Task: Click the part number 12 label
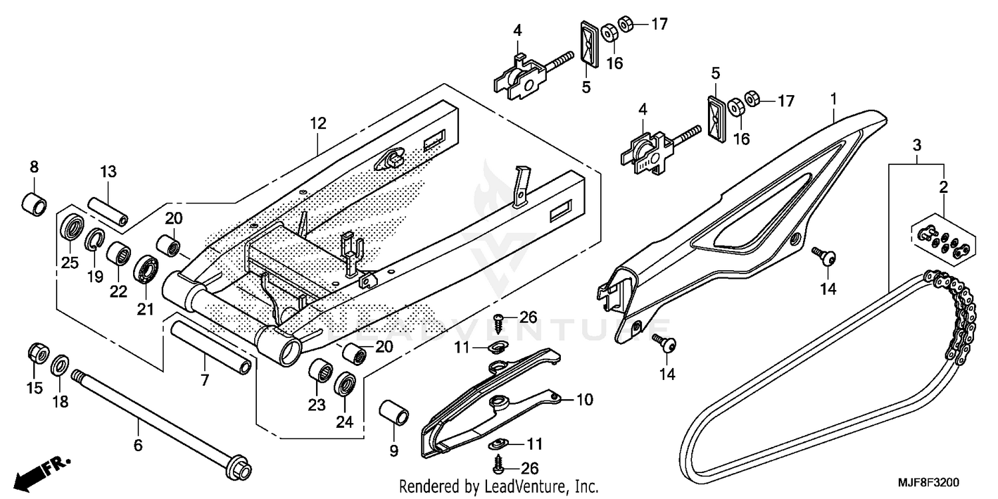click(317, 122)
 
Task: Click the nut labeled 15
click(37, 353)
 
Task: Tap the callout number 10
click(584, 400)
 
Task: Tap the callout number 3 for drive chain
click(916, 144)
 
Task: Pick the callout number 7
click(204, 381)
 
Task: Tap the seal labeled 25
click(71, 228)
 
